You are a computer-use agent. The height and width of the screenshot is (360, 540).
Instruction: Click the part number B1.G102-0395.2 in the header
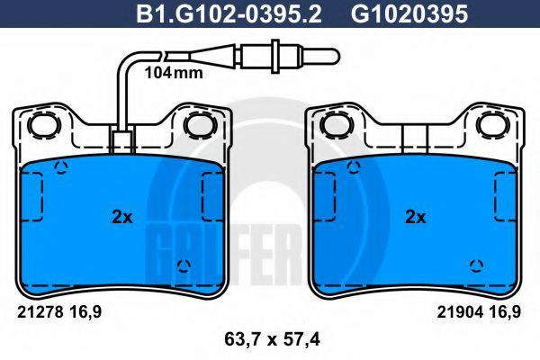pyautogui.click(x=229, y=14)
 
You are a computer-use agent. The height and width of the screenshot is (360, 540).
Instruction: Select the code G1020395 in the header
pyautogui.click(x=409, y=14)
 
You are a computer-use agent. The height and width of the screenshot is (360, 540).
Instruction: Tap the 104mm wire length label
pyautogui.click(x=174, y=73)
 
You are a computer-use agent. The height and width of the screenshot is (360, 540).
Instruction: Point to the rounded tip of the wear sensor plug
pyautogui.click(x=336, y=56)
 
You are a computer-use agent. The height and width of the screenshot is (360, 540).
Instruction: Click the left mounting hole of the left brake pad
pyautogui.click(x=43, y=125)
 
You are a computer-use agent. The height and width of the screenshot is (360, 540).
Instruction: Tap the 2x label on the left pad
pyautogui.click(x=122, y=217)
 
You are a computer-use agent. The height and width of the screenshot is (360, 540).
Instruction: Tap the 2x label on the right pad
pyautogui.click(x=416, y=217)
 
